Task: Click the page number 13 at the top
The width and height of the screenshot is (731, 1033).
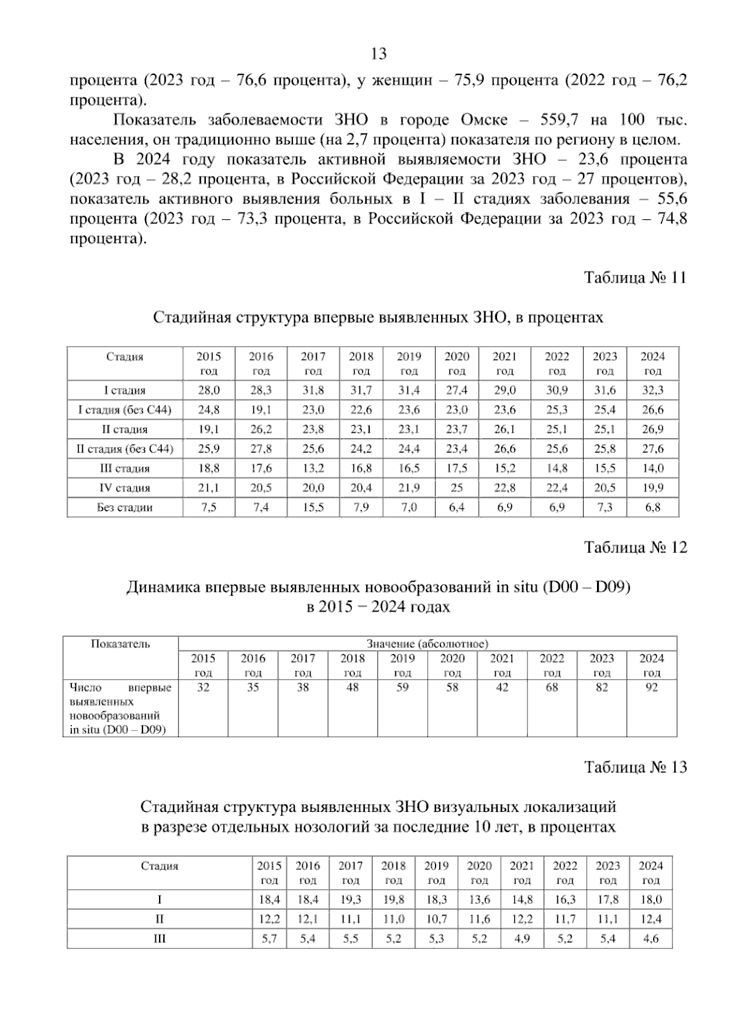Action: pos(378,54)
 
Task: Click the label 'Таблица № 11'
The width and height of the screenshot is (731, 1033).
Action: pos(635,278)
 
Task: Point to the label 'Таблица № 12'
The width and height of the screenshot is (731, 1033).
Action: pos(635,548)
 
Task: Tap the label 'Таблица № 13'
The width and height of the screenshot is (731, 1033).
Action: pos(635,767)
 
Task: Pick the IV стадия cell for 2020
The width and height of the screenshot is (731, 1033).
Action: pos(456,488)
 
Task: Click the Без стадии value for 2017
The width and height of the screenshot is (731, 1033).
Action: pos(313,507)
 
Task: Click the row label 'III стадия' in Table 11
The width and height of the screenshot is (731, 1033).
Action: pos(124,468)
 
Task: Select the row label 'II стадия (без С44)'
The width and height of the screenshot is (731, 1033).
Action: pos(124,449)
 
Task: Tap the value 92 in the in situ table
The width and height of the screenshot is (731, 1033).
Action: pos(651,688)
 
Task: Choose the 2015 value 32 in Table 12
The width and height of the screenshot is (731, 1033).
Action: pos(203,688)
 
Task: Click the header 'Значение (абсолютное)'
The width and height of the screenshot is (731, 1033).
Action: pos(427,643)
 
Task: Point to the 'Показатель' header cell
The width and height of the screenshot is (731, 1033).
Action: pos(120,644)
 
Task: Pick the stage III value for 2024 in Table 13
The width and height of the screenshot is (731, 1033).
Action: pos(651,939)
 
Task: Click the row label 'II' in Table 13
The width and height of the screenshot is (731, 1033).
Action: pos(160,919)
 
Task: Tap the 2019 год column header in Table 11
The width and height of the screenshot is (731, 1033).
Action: pos(409,364)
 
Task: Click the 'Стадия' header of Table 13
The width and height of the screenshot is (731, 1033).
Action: pos(160,866)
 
